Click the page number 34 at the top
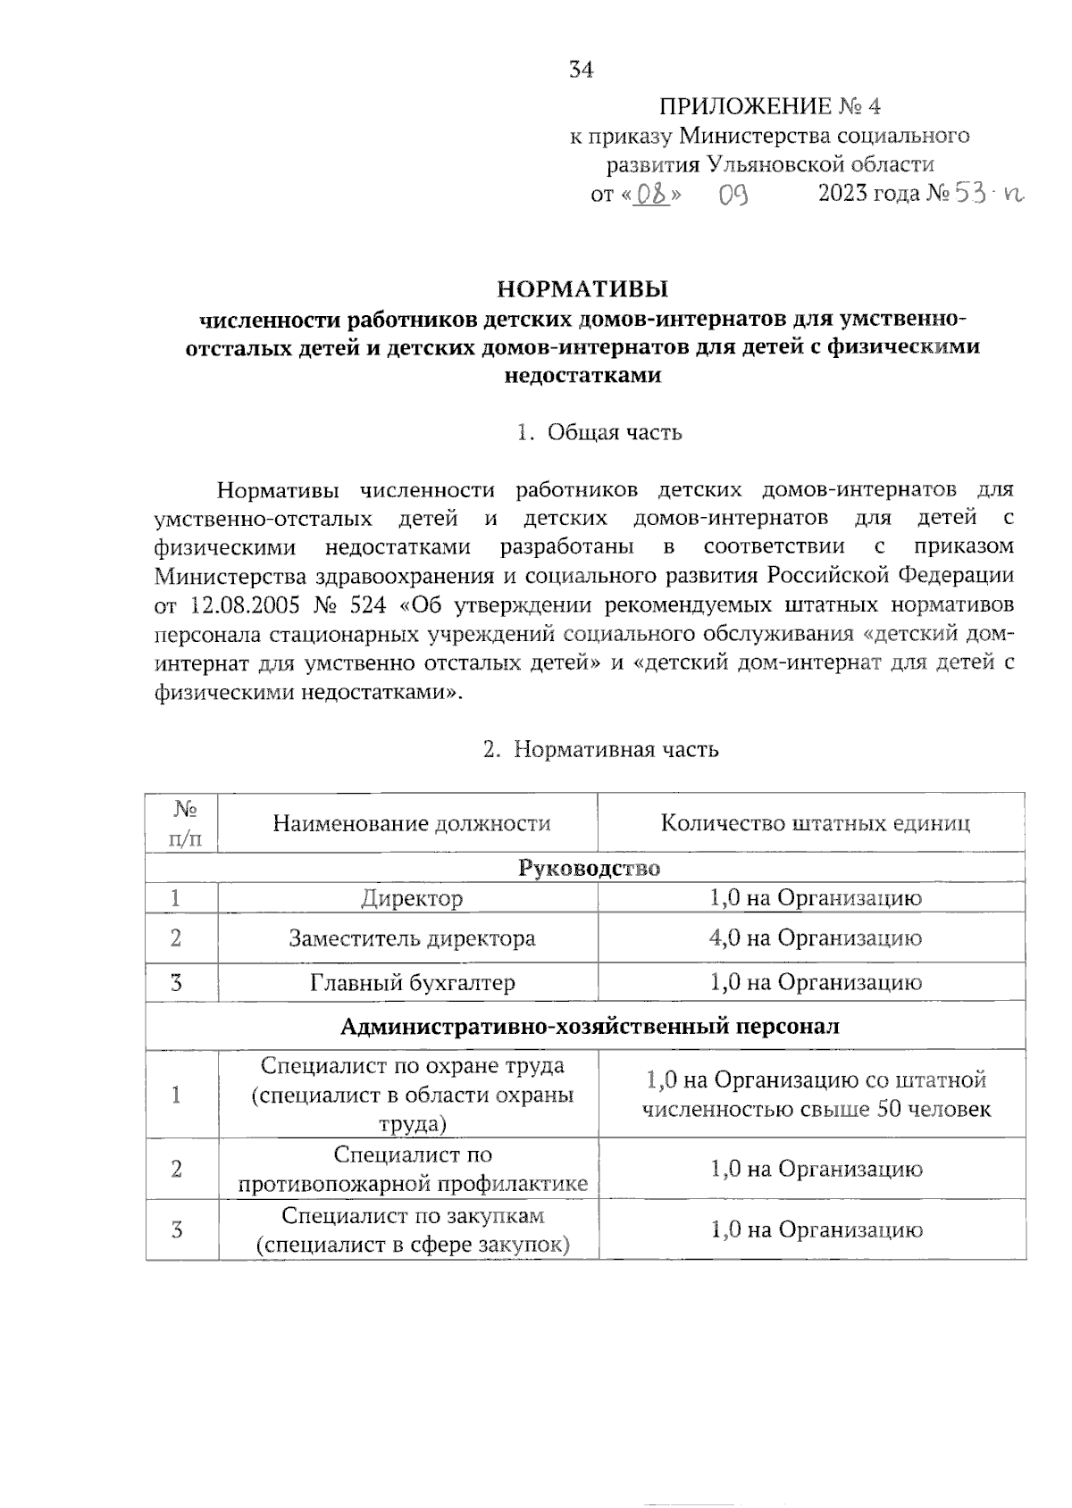click(581, 70)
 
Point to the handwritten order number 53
click(968, 194)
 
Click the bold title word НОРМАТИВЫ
click(582, 289)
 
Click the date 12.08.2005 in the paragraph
click(244, 605)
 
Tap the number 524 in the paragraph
click(368, 605)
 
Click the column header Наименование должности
click(411, 823)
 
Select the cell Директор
click(412, 898)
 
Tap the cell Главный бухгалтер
click(412, 983)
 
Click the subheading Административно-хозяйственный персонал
click(590, 1026)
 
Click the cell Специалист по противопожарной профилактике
click(412, 1170)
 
